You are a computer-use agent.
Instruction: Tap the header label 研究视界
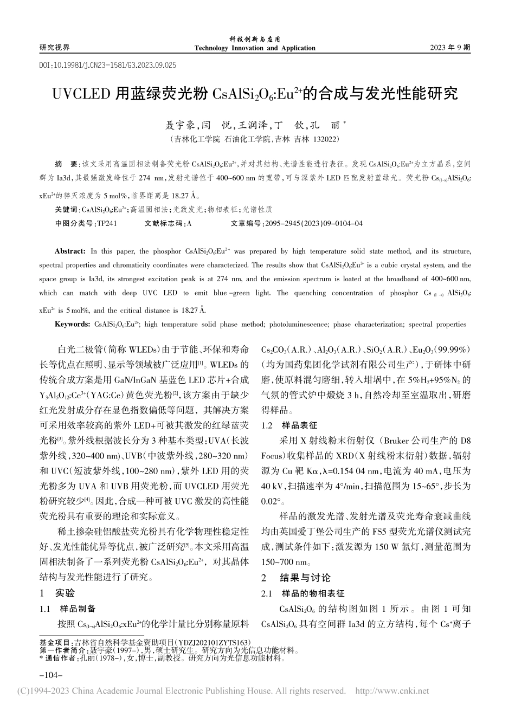pyautogui.click(x=55, y=48)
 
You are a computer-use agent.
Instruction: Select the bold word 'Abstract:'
pyautogui.click(x=70, y=251)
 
